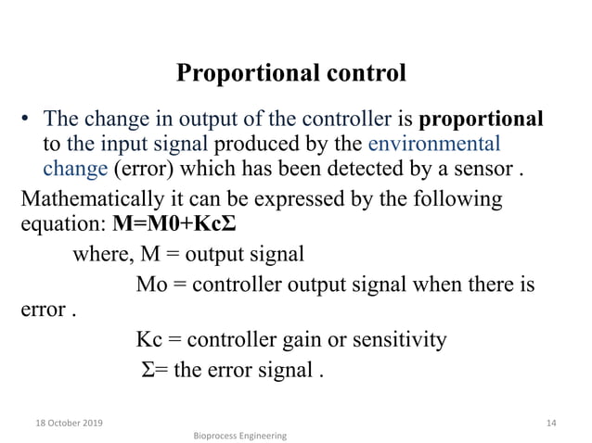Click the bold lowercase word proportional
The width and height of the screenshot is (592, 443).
482,119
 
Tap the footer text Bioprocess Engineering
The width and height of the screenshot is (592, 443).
240,435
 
